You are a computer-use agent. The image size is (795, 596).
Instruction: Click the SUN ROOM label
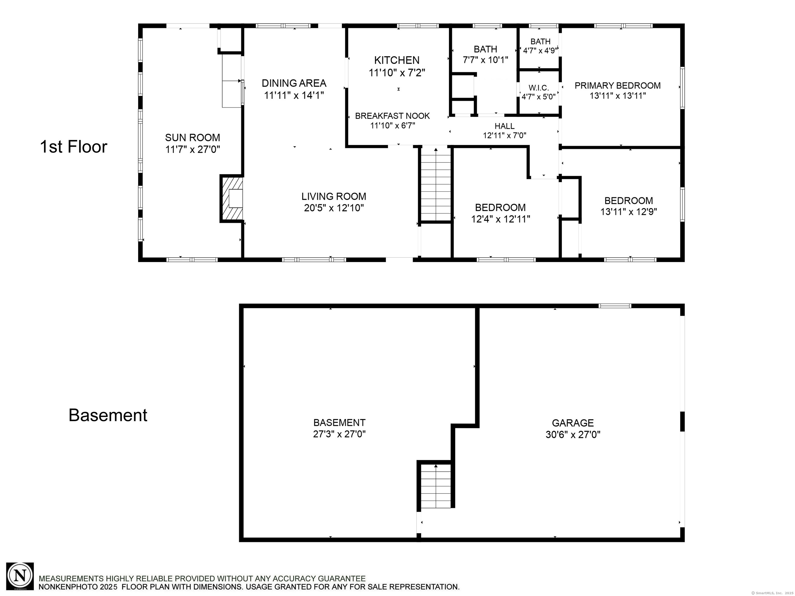pyautogui.click(x=193, y=138)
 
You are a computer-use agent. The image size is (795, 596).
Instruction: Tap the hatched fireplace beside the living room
pyautogui.click(x=232, y=198)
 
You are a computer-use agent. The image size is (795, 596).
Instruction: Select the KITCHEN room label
pyautogui.click(x=397, y=60)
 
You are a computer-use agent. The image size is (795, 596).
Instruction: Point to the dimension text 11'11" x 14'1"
pyautogui.click(x=294, y=95)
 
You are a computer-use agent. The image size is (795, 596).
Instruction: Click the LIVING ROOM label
pyautogui.click(x=334, y=197)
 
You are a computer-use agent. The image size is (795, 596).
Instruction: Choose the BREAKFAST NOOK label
pyautogui.click(x=393, y=116)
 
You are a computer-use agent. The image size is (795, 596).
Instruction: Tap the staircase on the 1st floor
pyautogui.click(x=436, y=185)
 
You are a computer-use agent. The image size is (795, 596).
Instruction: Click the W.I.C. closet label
pyautogui.click(x=539, y=88)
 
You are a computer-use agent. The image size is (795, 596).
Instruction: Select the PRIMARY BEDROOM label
pyautogui.click(x=617, y=86)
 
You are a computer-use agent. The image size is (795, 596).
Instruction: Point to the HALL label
pyautogui.click(x=505, y=126)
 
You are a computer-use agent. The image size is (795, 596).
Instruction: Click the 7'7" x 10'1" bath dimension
pyautogui.click(x=485, y=60)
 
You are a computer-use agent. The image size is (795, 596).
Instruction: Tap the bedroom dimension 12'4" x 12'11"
pyautogui.click(x=501, y=219)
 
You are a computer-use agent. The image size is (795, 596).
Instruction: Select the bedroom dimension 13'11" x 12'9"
pyautogui.click(x=629, y=212)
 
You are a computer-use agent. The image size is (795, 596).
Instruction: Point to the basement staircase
pyautogui.click(x=436, y=486)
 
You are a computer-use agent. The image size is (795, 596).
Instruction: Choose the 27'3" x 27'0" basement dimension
pyautogui.click(x=339, y=434)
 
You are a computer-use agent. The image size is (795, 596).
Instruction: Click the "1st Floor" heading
pyautogui.click(x=74, y=147)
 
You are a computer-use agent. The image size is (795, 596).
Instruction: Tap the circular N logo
pyautogui.click(x=20, y=576)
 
